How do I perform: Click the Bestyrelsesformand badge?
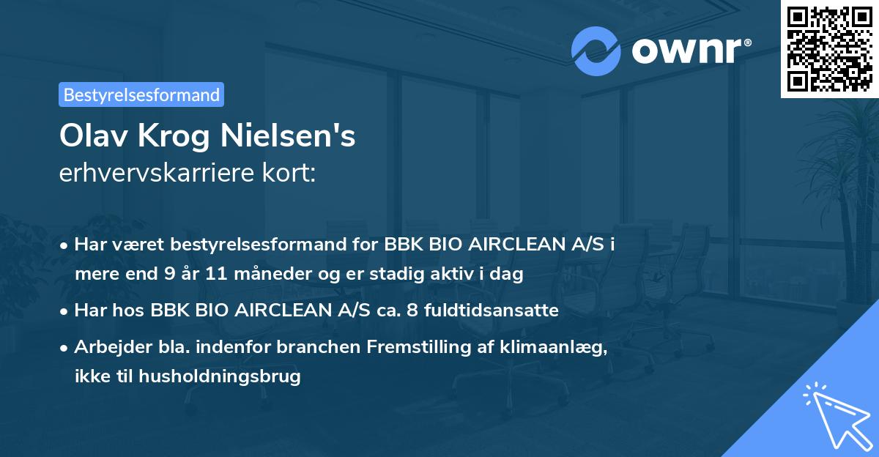pos(141,94)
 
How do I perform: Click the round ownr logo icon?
pos(596,51)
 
